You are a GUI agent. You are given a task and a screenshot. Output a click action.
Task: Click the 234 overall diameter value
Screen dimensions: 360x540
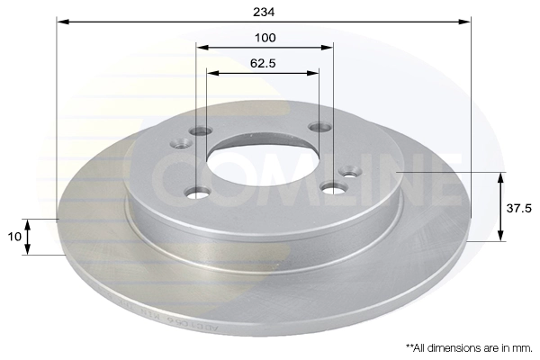click(x=264, y=12)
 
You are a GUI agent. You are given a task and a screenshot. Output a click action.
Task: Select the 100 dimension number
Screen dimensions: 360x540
click(x=265, y=38)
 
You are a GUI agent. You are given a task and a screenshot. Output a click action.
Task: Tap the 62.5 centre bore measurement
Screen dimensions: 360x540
click(x=263, y=64)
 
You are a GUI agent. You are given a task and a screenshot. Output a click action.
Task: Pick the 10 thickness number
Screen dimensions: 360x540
click(x=13, y=236)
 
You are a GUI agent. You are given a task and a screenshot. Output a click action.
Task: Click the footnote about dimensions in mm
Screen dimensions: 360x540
click(x=469, y=346)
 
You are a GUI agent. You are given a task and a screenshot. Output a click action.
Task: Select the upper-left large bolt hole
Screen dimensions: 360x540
click(x=201, y=131)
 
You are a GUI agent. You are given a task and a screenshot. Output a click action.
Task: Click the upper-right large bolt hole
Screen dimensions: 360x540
click(x=319, y=127)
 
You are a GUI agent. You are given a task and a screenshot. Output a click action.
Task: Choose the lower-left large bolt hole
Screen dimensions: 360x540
click(x=198, y=191)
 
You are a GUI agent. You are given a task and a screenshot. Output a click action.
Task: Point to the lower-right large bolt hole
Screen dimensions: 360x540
click(x=334, y=187)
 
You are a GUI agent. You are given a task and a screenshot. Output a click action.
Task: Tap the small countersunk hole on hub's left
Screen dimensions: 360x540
click(x=181, y=143)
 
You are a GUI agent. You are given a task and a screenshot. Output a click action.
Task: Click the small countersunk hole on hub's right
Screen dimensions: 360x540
click(x=349, y=171)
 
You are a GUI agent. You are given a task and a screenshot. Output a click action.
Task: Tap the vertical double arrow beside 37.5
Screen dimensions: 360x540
click(x=500, y=206)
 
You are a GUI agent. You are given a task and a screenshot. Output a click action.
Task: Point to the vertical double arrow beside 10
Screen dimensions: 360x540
click(x=29, y=237)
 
